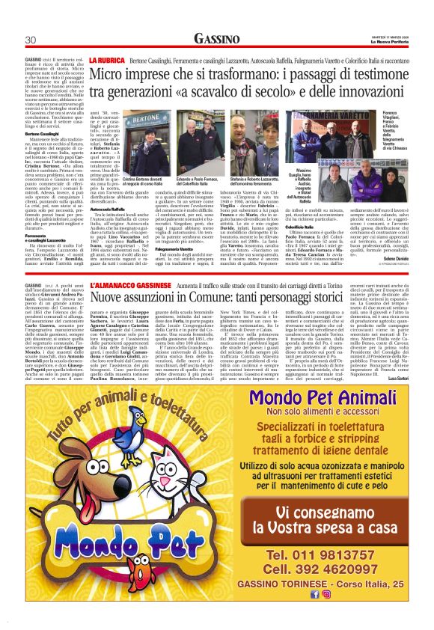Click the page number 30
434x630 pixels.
pos(31,40)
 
